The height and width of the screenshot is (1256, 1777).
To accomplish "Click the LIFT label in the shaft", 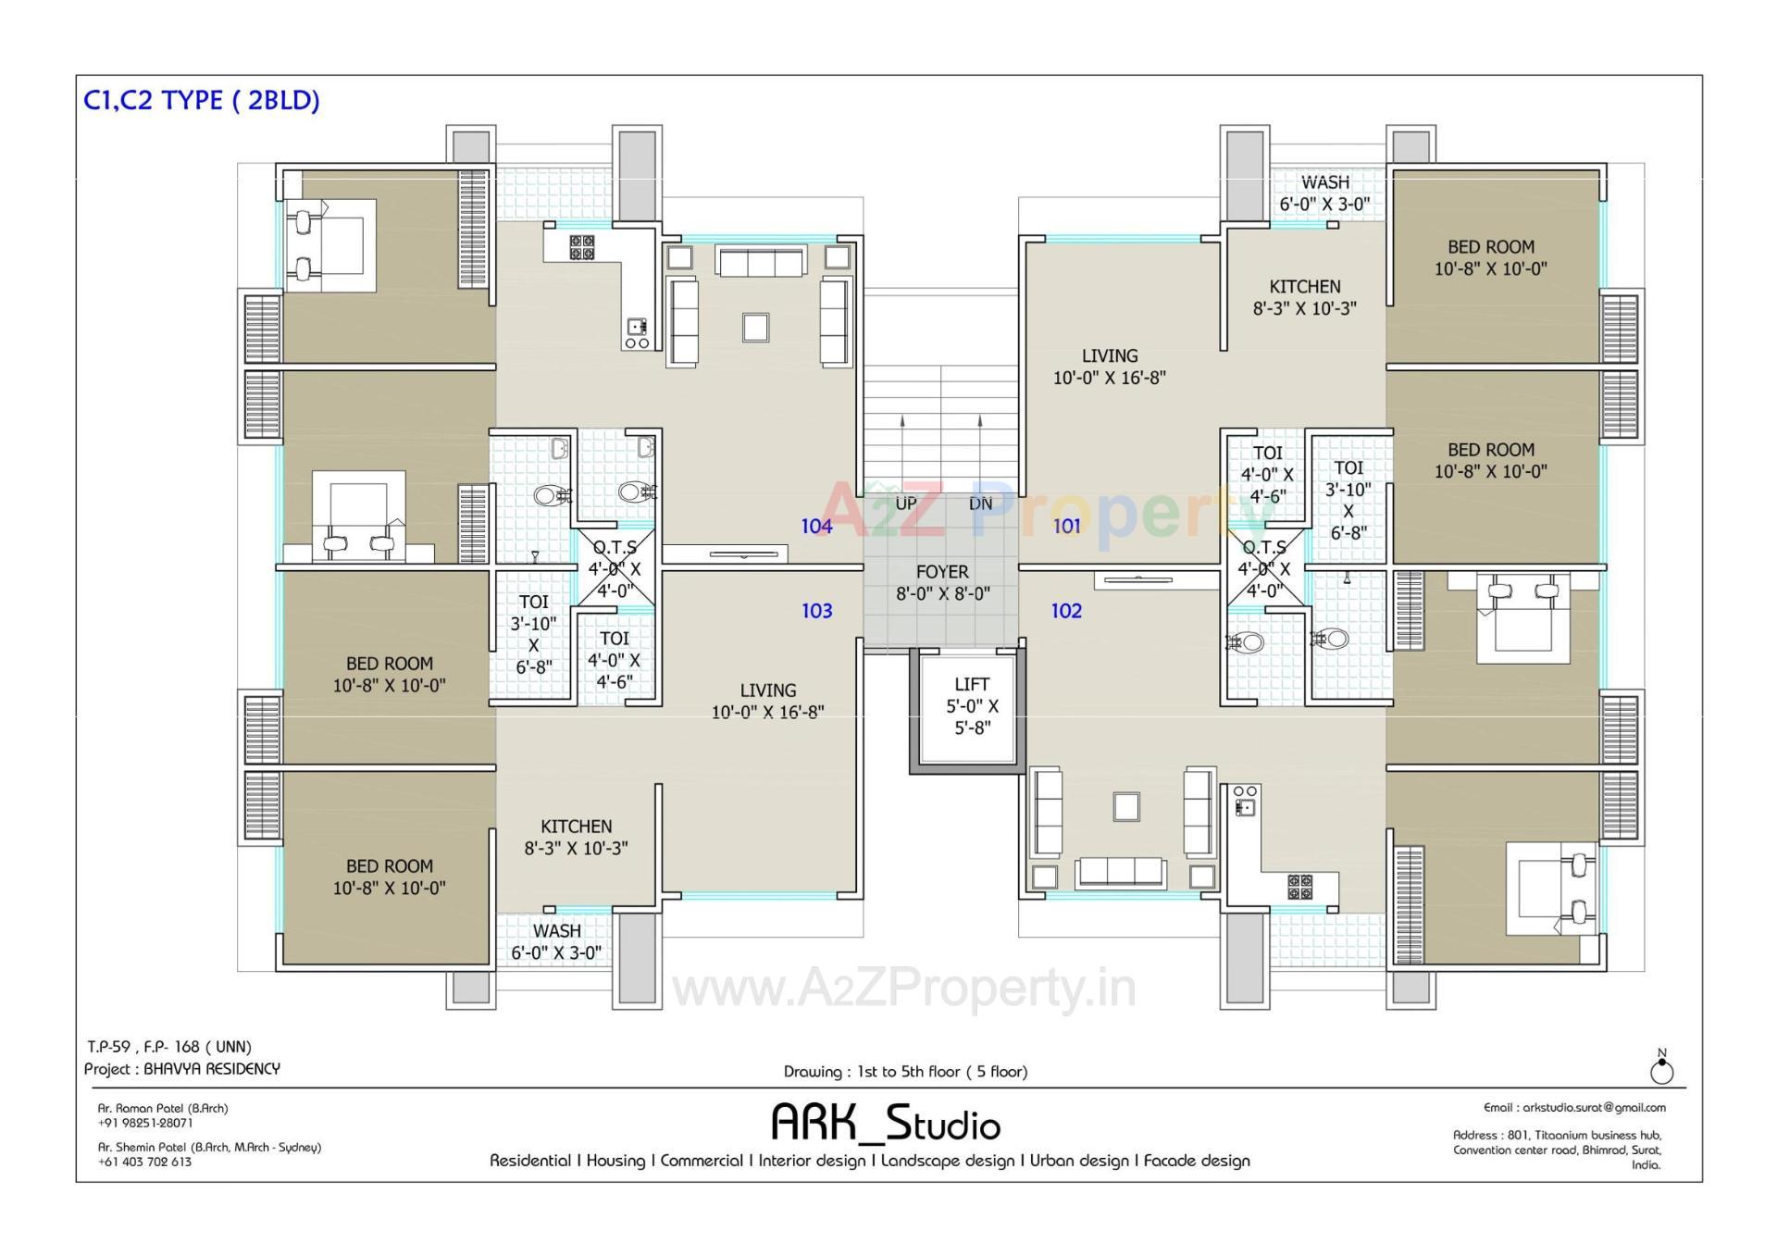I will click(x=972, y=685).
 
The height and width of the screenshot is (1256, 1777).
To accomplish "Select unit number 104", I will click(x=816, y=527).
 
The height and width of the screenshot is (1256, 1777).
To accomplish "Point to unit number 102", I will click(x=1066, y=611).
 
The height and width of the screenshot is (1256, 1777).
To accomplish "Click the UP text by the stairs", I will click(x=906, y=504).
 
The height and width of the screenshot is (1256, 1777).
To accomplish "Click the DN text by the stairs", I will click(x=980, y=504).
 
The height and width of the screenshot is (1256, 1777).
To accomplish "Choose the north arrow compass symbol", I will click(x=1661, y=1071).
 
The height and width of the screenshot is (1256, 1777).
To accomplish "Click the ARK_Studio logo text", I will click(x=886, y=1123).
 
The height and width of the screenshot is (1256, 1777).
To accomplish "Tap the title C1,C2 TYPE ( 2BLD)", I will click(x=202, y=100).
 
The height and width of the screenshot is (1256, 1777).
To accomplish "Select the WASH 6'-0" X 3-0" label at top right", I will click(x=1324, y=193).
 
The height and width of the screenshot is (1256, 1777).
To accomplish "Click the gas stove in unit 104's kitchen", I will click(x=582, y=247).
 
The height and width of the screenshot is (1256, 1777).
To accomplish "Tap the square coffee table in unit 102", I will click(x=1126, y=806).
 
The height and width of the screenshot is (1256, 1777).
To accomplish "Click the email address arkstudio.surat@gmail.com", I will click(x=1574, y=1107).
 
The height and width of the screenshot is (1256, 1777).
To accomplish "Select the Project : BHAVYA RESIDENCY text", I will click(x=182, y=1069).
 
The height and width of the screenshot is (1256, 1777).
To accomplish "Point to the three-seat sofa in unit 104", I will click(x=760, y=262).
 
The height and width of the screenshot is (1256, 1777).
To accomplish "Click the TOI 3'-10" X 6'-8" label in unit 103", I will click(x=533, y=634).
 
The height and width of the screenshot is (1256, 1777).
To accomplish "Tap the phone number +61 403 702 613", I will click(x=145, y=1162).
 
